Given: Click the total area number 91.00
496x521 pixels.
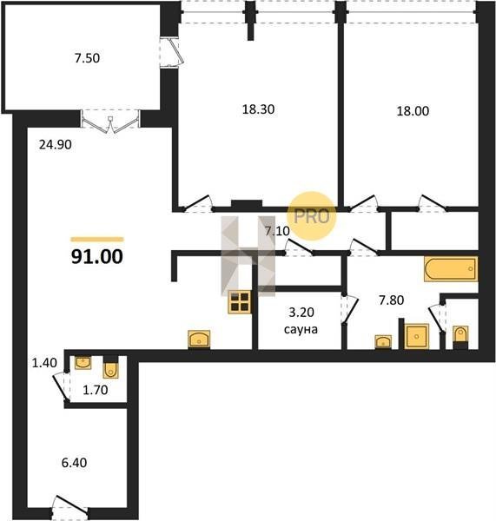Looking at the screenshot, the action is click(x=97, y=256).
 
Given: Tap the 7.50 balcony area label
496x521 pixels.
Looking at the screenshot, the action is click(x=87, y=58).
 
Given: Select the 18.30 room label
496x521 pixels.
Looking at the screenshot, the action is click(x=258, y=109).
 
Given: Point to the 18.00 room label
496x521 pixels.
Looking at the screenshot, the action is click(x=413, y=111).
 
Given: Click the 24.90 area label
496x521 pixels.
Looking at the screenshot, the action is click(x=56, y=145).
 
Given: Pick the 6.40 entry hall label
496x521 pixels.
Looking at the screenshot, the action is click(x=74, y=463).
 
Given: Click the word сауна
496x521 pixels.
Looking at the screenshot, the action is click(x=301, y=329).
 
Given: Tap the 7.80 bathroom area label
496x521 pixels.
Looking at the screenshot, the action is click(x=392, y=300).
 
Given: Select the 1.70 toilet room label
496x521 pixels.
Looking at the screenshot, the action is click(x=96, y=390).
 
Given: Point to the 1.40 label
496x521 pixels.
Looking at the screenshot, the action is click(x=44, y=363).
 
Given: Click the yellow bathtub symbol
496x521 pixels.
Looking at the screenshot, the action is click(x=451, y=269).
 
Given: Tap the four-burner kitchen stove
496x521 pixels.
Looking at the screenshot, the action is click(x=240, y=302).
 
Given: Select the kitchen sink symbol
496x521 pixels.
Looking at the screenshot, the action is click(x=199, y=339).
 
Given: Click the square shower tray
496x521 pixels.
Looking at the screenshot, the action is click(x=416, y=336).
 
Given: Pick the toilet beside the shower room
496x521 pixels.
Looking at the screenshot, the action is click(x=460, y=336).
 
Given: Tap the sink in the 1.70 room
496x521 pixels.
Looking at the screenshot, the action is click(x=83, y=363).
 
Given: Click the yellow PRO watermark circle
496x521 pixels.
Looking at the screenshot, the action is click(x=312, y=216).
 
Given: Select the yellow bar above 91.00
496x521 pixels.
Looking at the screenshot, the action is click(x=97, y=240).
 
